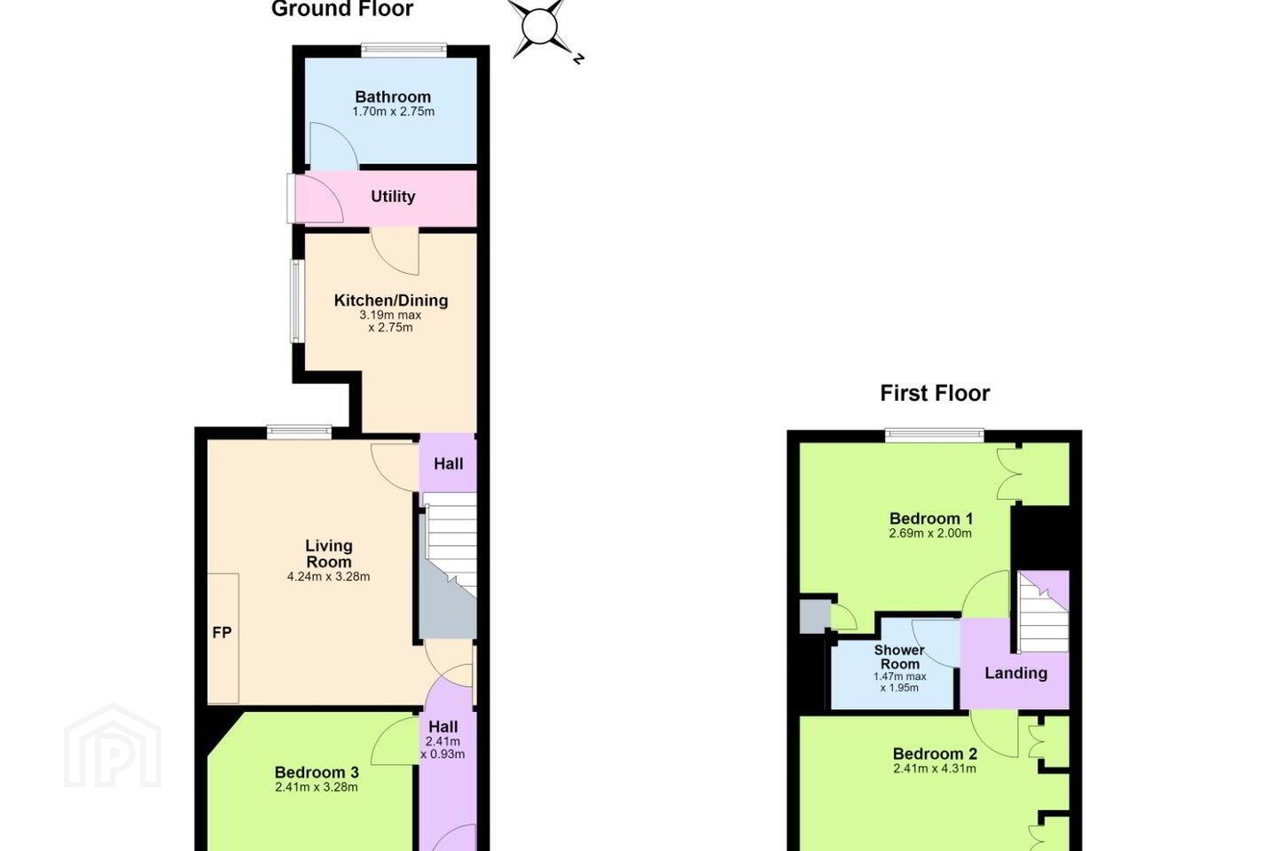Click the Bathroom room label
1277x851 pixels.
click(x=393, y=97)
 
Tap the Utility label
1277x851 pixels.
click(x=393, y=197)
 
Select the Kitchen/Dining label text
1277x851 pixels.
click(x=391, y=301)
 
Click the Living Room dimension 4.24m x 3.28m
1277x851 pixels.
click(x=328, y=577)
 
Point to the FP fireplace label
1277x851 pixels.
click(x=222, y=633)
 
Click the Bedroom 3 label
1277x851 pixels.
click(x=317, y=772)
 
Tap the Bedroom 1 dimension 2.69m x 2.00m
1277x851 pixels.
click(x=930, y=534)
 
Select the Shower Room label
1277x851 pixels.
click(x=899, y=657)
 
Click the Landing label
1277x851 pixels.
click(x=1016, y=673)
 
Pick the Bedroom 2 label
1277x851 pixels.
click(x=935, y=754)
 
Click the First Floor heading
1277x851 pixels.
click(x=935, y=394)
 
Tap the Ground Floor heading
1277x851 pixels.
click(x=342, y=9)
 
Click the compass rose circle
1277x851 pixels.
click(x=539, y=26)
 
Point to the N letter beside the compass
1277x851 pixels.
click(x=578, y=59)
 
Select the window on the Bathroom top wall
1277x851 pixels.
click(x=403, y=51)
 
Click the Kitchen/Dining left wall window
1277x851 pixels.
click(x=296, y=301)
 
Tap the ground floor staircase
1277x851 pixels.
click(x=449, y=566)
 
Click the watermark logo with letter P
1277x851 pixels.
click(x=113, y=746)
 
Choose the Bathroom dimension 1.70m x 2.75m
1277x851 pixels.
click(x=394, y=112)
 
